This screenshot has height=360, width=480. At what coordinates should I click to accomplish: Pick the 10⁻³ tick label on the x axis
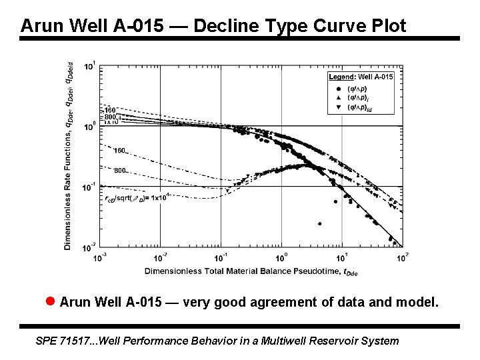(x=99, y=257)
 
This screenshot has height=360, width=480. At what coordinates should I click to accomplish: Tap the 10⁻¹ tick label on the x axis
(x=221, y=257)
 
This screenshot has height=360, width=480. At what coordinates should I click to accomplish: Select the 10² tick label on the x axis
(x=402, y=257)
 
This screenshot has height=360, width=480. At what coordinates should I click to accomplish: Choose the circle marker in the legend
(x=339, y=89)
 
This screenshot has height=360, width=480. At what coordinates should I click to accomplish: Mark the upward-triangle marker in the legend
(x=339, y=97)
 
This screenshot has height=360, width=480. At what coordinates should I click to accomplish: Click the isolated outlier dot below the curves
(x=320, y=224)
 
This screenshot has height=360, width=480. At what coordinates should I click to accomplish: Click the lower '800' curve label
(x=120, y=171)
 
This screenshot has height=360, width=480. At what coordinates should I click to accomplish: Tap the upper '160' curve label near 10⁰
(x=110, y=110)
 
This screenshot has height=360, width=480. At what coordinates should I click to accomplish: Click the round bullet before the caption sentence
(x=50, y=302)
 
